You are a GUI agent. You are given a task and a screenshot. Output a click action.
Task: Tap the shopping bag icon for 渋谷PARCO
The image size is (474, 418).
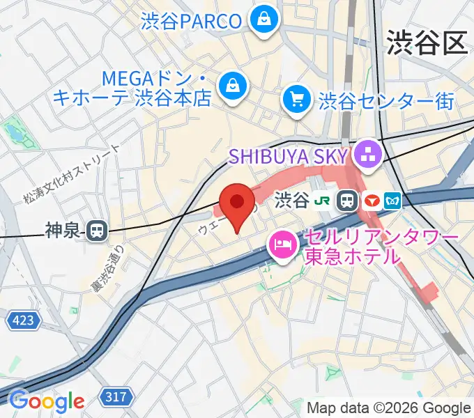click(264, 20)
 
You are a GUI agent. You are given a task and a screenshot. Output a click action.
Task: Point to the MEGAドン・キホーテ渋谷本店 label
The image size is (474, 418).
click(132, 88)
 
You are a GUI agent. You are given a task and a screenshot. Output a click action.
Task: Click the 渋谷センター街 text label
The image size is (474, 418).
click(385, 102)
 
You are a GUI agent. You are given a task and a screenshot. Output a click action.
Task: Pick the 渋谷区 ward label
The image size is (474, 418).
click(426, 43)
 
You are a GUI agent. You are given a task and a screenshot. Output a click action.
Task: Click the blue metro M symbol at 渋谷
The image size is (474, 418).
click(395, 201)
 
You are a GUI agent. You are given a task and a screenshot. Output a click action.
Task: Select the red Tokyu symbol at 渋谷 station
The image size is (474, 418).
click(372, 201)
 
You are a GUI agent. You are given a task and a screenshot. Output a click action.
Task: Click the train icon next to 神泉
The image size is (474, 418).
click(98, 231)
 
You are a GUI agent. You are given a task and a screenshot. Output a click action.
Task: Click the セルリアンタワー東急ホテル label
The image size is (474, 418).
click(381, 247)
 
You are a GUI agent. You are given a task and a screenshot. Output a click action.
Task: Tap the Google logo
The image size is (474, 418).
click(46, 401)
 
